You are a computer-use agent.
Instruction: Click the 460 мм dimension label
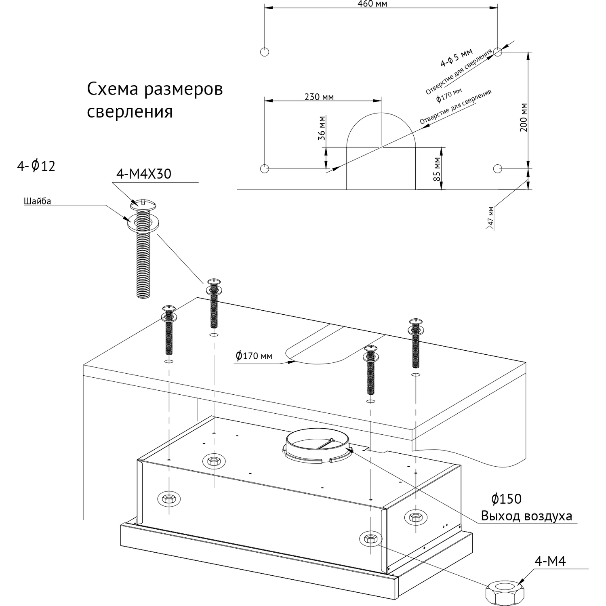[x=372, y=4]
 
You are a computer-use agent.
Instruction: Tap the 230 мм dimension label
[x=319, y=97]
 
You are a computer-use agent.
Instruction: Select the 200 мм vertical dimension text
[x=524, y=118]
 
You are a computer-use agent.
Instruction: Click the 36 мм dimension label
[x=322, y=128]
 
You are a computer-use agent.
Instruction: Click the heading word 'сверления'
[x=130, y=112]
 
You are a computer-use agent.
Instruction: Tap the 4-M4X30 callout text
[x=144, y=174]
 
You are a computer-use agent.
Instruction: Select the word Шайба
[x=38, y=201]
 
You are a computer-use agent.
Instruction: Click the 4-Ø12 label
[x=36, y=166]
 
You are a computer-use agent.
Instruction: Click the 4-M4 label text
[x=550, y=561]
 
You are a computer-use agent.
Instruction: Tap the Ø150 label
[x=507, y=499]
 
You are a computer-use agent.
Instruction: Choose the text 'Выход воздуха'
[x=526, y=516]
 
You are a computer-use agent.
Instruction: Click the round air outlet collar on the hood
[x=317, y=446]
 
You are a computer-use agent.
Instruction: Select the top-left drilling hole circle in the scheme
[x=264, y=52]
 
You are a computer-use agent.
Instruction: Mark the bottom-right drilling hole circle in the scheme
[x=498, y=168]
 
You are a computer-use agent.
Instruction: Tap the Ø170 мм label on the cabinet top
[x=254, y=356]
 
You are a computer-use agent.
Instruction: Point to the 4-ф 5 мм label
[x=457, y=58]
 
